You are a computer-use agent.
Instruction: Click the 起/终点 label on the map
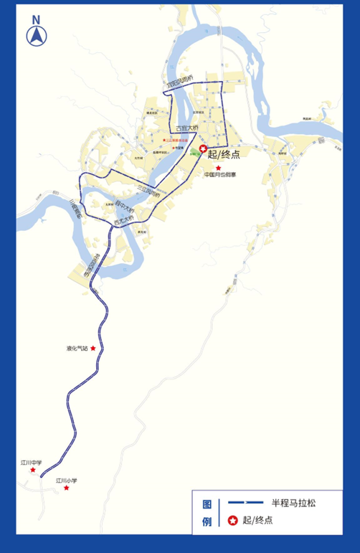(x=224, y=153)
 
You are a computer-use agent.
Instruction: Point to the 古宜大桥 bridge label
(x=186, y=128)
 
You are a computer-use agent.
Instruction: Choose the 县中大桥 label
(x=125, y=207)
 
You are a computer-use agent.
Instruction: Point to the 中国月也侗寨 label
(x=219, y=174)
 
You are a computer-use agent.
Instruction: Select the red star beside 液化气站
(x=93, y=349)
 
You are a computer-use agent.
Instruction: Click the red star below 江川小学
(x=67, y=488)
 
